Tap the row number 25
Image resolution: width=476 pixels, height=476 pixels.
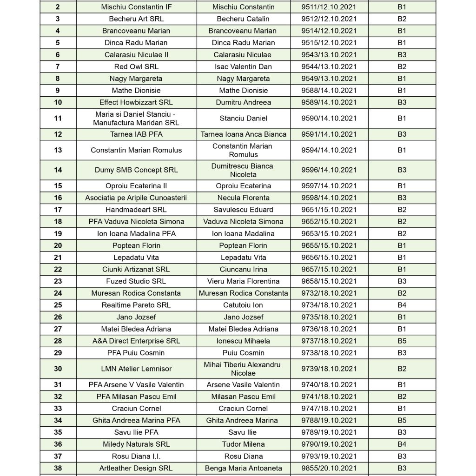(58, 305)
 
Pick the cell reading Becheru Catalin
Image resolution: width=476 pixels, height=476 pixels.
(243, 19)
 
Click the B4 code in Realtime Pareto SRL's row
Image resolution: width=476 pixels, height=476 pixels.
(402, 305)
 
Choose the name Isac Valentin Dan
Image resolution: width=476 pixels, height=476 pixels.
(243, 66)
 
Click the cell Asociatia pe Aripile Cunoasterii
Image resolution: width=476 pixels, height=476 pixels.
(136, 198)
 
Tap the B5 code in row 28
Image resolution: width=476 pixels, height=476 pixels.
(402, 341)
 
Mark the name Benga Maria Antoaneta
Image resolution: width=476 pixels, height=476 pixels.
(243, 468)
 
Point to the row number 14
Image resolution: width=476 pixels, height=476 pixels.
(58, 170)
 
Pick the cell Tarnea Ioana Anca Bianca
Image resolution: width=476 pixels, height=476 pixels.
(243, 134)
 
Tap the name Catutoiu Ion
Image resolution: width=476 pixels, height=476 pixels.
(243, 305)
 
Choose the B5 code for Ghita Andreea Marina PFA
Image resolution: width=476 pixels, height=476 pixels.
(402, 420)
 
